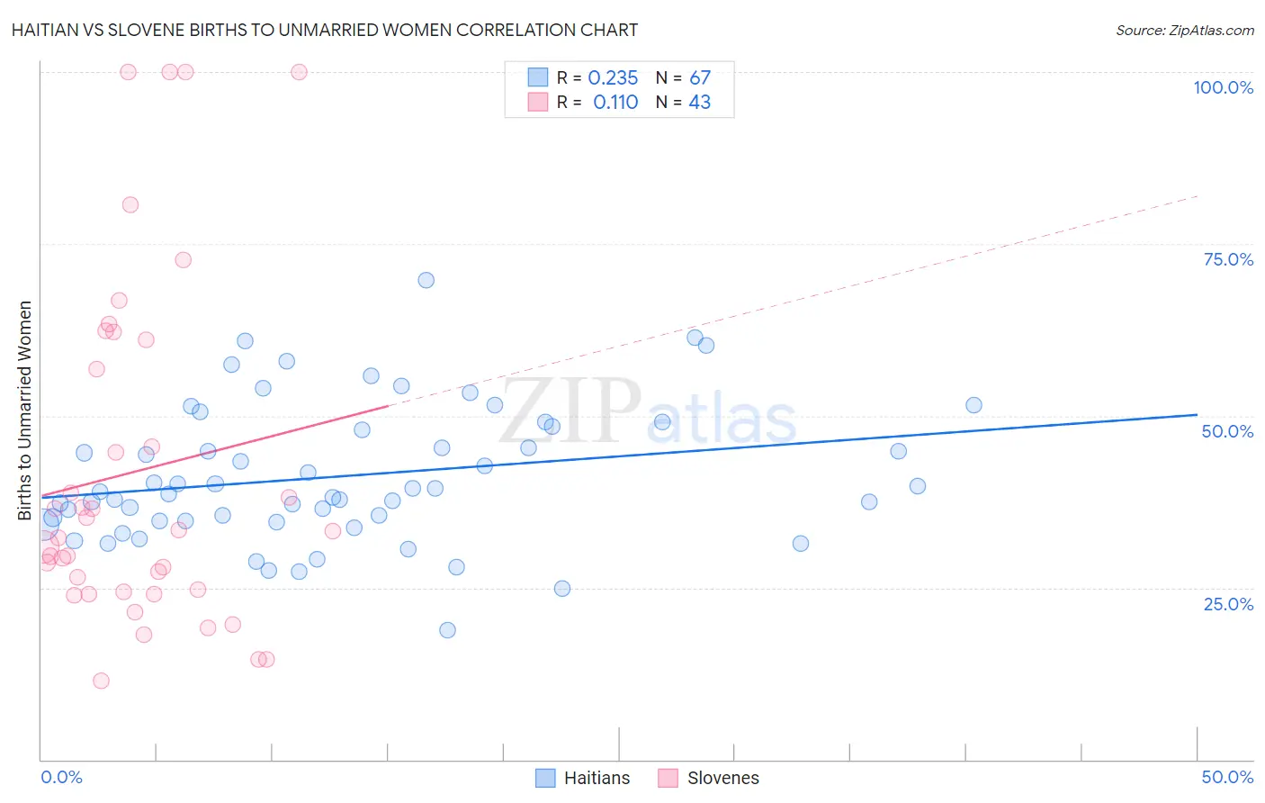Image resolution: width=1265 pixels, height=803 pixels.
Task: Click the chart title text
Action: coord(325,30)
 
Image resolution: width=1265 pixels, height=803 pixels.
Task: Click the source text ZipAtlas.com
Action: coord(1184,30)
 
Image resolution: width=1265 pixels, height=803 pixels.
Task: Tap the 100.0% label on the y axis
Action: coord(1223,87)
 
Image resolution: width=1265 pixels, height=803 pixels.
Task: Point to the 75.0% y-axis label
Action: coord(1228,259)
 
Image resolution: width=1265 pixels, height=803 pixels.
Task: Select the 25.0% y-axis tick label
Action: coord(1228,603)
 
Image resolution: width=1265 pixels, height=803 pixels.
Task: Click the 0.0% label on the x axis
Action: coord(61,777)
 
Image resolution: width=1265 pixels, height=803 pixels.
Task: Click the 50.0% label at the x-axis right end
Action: coord(1227,777)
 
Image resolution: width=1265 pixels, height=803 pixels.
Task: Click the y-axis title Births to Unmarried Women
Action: coord(24,411)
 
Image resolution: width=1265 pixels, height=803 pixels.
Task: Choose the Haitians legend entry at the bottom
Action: coord(583,778)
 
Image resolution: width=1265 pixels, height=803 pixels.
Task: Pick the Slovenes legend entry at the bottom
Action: coord(709,778)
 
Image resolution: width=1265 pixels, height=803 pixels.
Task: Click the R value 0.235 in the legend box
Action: coord(613,78)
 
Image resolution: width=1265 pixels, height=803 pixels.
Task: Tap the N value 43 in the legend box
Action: coord(699,103)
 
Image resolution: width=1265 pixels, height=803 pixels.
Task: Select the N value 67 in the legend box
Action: coord(699,78)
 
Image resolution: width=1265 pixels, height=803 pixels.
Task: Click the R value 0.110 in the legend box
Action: coord(615,103)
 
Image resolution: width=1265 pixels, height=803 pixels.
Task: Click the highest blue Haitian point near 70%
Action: coord(426,280)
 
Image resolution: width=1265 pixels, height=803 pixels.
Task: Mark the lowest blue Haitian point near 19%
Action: coord(447,630)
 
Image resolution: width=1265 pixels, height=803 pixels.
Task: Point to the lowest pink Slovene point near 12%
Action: coord(101,681)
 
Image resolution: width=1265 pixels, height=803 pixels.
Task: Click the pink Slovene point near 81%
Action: coord(130,204)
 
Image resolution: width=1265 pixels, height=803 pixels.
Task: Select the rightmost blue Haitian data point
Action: coord(973,405)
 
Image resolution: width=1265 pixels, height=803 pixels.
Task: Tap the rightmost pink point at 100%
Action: coord(299,72)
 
